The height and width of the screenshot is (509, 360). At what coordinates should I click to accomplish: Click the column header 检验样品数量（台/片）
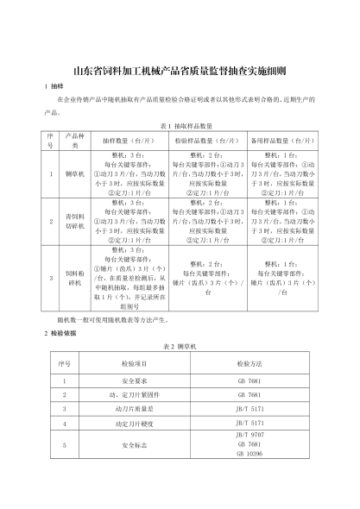tap(208, 140)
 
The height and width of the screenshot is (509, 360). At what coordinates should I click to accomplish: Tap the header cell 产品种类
tap(74, 140)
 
